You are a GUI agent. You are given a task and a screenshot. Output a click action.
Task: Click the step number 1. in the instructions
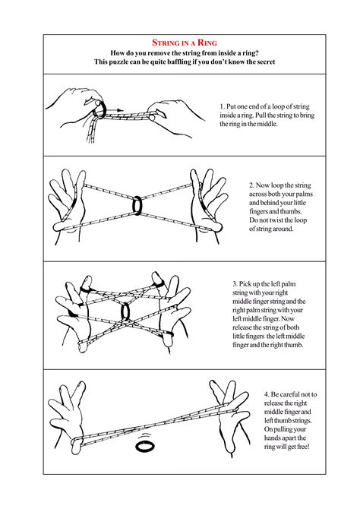(x=223, y=106)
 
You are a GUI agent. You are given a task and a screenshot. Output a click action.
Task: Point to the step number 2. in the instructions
(x=252, y=185)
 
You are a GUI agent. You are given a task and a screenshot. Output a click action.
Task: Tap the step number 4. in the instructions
(x=267, y=394)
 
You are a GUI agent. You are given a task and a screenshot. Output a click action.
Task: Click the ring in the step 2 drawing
(x=137, y=205)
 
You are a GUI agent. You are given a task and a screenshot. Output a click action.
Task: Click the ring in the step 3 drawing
(x=127, y=311)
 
